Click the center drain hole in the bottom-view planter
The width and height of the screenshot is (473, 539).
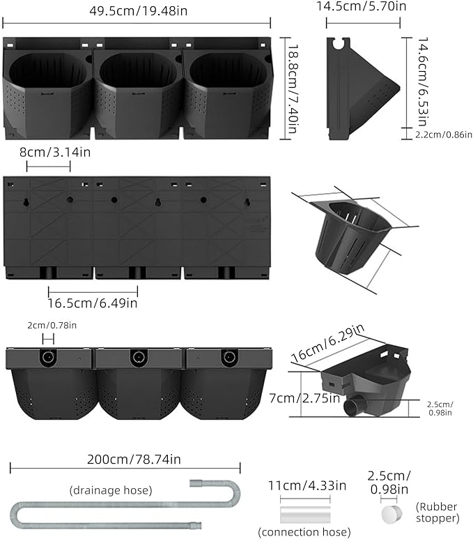[x=137, y=358]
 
